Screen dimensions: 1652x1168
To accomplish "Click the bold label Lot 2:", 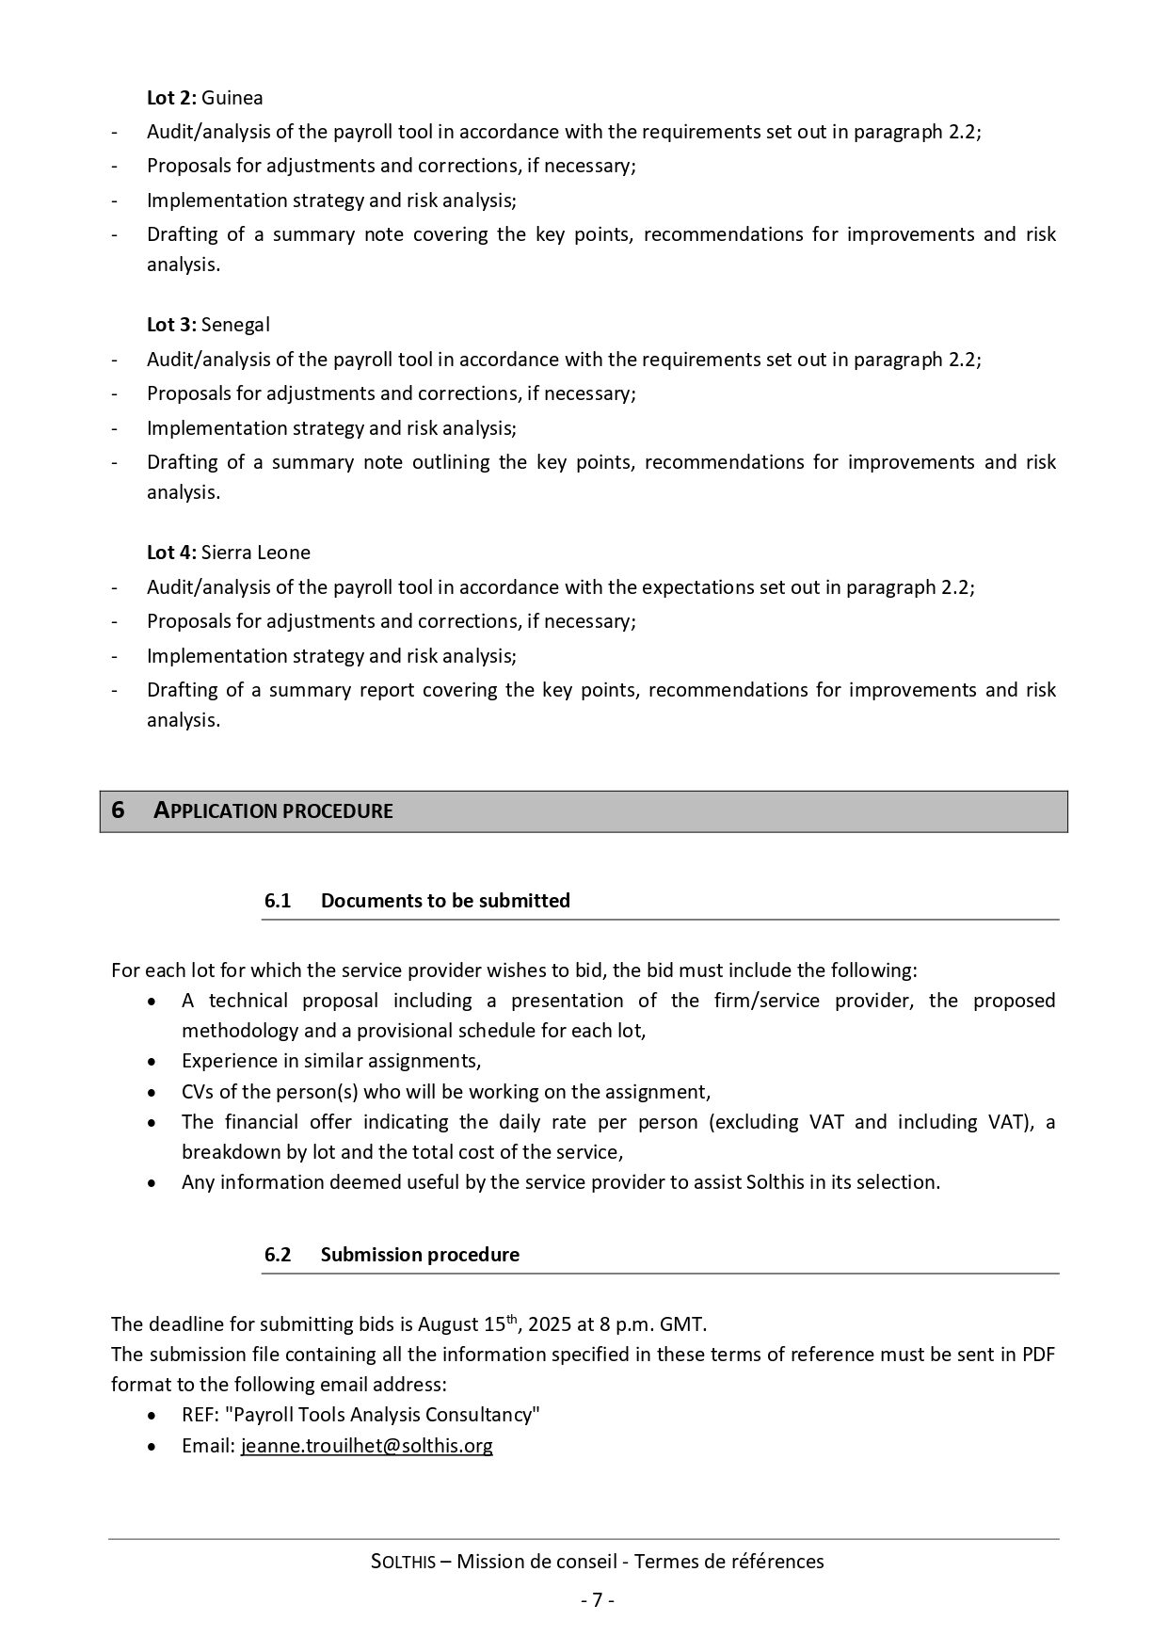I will pyautogui.click(x=171, y=98).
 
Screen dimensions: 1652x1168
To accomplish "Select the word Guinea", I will pyautogui.click(x=232, y=98).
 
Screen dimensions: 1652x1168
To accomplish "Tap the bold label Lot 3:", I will pyautogui.click(x=171, y=325).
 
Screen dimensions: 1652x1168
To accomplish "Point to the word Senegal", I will pyautogui.click(x=235, y=325).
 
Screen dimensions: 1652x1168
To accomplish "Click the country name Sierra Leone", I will pyautogui.click(x=256, y=553).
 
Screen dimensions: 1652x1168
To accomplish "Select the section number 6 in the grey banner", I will pyautogui.click(x=118, y=810).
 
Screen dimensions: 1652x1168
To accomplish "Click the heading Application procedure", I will pyautogui.click(x=273, y=811).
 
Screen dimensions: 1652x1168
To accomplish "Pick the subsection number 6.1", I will pyautogui.click(x=278, y=901).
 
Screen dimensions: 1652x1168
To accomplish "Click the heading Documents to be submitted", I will pyautogui.click(x=445, y=901).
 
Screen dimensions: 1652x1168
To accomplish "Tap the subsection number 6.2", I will pyautogui.click(x=278, y=1255).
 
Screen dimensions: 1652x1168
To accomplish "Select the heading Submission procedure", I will pyautogui.click(x=420, y=1255).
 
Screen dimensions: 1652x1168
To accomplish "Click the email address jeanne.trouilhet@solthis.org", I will pyautogui.click(x=367, y=1446).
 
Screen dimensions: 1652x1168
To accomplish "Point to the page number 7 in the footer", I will pyautogui.click(x=597, y=1600).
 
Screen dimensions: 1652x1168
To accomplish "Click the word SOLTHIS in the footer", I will pyautogui.click(x=404, y=1563).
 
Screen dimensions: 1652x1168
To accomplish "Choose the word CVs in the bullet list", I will pyautogui.click(x=198, y=1092).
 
